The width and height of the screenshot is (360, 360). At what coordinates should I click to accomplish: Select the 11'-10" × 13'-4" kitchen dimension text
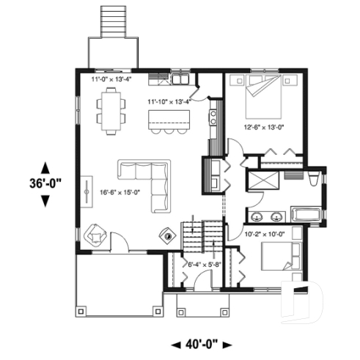(169, 101)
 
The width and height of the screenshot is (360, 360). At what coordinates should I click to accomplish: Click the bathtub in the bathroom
(305, 215)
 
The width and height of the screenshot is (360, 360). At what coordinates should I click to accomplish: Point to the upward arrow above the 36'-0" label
(45, 166)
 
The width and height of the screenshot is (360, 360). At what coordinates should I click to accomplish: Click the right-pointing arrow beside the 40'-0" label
(228, 343)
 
